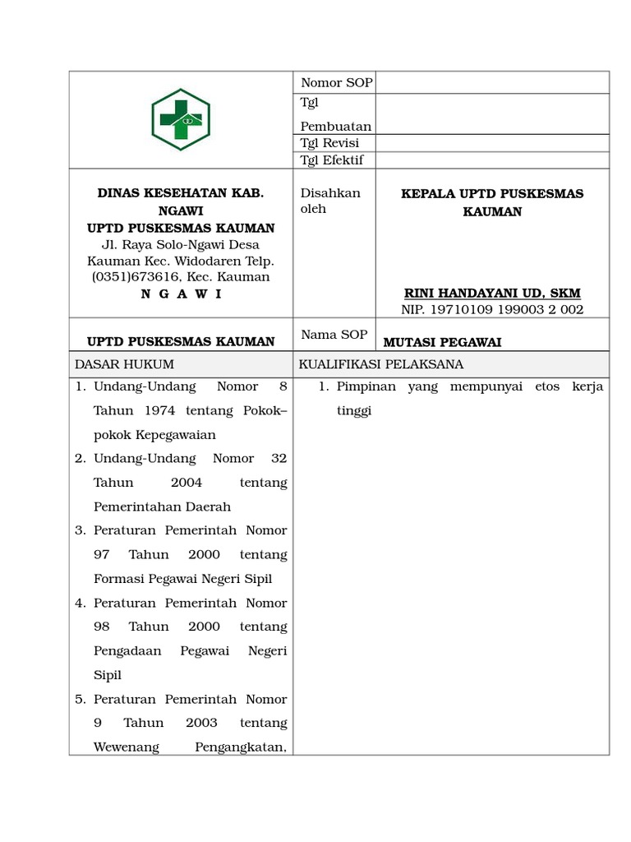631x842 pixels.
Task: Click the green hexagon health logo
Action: (x=181, y=119)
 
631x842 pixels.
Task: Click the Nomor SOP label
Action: (x=336, y=83)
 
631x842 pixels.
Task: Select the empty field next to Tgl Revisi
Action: (x=492, y=143)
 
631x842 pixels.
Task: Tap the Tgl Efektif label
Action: (x=332, y=160)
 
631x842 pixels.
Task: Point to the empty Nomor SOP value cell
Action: (x=492, y=83)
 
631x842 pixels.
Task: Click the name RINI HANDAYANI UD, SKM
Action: (x=492, y=294)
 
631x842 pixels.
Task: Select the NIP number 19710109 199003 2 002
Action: (x=492, y=310)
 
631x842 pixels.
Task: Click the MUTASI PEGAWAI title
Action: (x=442, y=342)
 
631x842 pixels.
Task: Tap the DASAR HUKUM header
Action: (x=124, y=364)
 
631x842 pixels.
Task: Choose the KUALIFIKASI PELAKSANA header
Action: (x=381, y=364)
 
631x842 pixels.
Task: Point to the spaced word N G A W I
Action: (x=181, y=294)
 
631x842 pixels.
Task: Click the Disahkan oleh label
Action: (x=329, y=201)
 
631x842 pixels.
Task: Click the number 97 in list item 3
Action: (x=102, y=555)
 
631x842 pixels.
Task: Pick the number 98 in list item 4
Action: (x=102, y=627)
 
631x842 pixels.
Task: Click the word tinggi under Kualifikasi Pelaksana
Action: (x=354, y=410)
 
